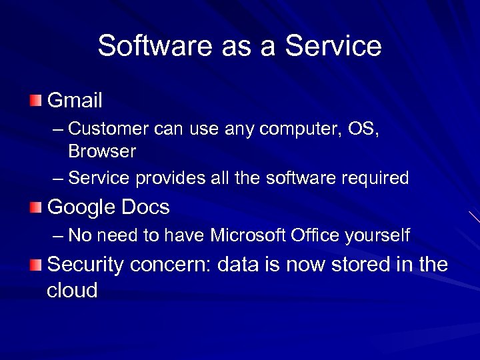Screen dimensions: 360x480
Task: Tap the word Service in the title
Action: click(333, 47)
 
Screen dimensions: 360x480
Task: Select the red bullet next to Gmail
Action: click(35, 101)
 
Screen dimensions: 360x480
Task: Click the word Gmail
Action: click(75, 101)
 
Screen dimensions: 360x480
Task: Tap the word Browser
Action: click(102, 151)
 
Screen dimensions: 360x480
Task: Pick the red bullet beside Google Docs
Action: click(35, 208)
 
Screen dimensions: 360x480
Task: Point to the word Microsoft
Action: click(248, 235)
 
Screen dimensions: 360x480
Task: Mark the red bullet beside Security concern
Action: click(35, 265)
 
